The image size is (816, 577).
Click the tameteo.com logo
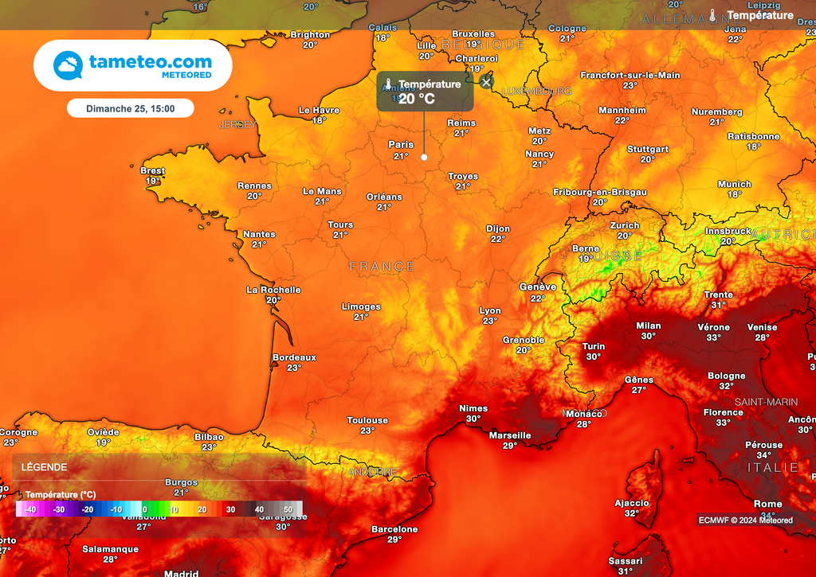click(x=132, y=65)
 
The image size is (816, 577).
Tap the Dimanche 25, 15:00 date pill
click(x=130, y=108)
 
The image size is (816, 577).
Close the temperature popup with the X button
click(x=487, y=81)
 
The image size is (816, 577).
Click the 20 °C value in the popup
click(x=416, y=99)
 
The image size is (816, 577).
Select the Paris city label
click(x=401, y=145)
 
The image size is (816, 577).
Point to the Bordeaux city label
click(x=294, y=357)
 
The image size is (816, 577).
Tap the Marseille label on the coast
click(x=510, y=435)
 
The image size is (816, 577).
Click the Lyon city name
click(x=490, y=311)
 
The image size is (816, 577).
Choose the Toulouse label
click(x=367, y=420)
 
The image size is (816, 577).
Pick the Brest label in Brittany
click(x=152, y=171)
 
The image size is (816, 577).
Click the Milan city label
click(x=649, y=326)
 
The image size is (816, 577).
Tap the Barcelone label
click(x=394, y=529)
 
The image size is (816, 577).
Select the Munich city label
click(x=734, y=185)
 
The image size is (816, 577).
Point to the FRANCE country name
click(x=382, y=267)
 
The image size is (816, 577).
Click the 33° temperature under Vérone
click(x=713, y=337)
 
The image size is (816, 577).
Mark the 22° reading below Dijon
click(x=498, y=239)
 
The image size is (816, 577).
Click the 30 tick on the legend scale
click(x=230, y=509)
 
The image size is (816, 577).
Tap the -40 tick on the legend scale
click(x=29, y=509)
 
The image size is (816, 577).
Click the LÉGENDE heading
click(x=45, y=467)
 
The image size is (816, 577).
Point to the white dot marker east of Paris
click(x=424, y=157)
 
